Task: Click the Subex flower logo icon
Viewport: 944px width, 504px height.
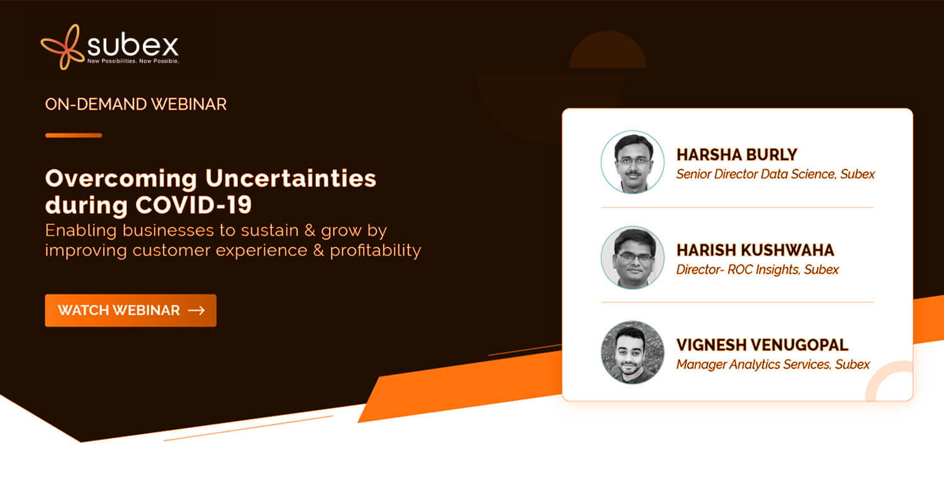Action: coord(62,47)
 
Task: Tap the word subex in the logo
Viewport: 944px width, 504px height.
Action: coord(133,45)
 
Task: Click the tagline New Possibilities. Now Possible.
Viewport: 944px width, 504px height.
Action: coord(133,61)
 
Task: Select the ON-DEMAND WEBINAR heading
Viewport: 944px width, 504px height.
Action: coord(136,104)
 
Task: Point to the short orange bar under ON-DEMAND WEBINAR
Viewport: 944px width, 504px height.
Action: coord(74,135)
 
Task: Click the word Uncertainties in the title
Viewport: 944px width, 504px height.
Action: coord(291,178)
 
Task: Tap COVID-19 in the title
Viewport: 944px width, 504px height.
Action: coord(193,205)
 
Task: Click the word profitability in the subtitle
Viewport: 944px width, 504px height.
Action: coord(376,251)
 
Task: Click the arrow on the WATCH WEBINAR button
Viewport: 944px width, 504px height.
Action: coord(196,311)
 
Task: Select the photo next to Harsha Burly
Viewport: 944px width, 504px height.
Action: coord(632,162)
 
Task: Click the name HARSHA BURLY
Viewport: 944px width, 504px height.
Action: coord(737,155)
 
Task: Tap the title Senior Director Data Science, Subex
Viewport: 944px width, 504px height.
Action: coord(775,174)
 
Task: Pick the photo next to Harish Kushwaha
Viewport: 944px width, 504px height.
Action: coord(632,257)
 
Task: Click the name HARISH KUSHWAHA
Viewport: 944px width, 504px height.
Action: coord(755,250)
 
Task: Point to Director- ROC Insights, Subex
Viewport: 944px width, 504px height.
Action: coord(757,270)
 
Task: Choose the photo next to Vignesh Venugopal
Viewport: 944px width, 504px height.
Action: coord(632,353)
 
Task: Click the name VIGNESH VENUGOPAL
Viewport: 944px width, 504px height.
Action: coord(762,345)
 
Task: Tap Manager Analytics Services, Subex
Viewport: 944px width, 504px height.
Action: coord(773,364)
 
